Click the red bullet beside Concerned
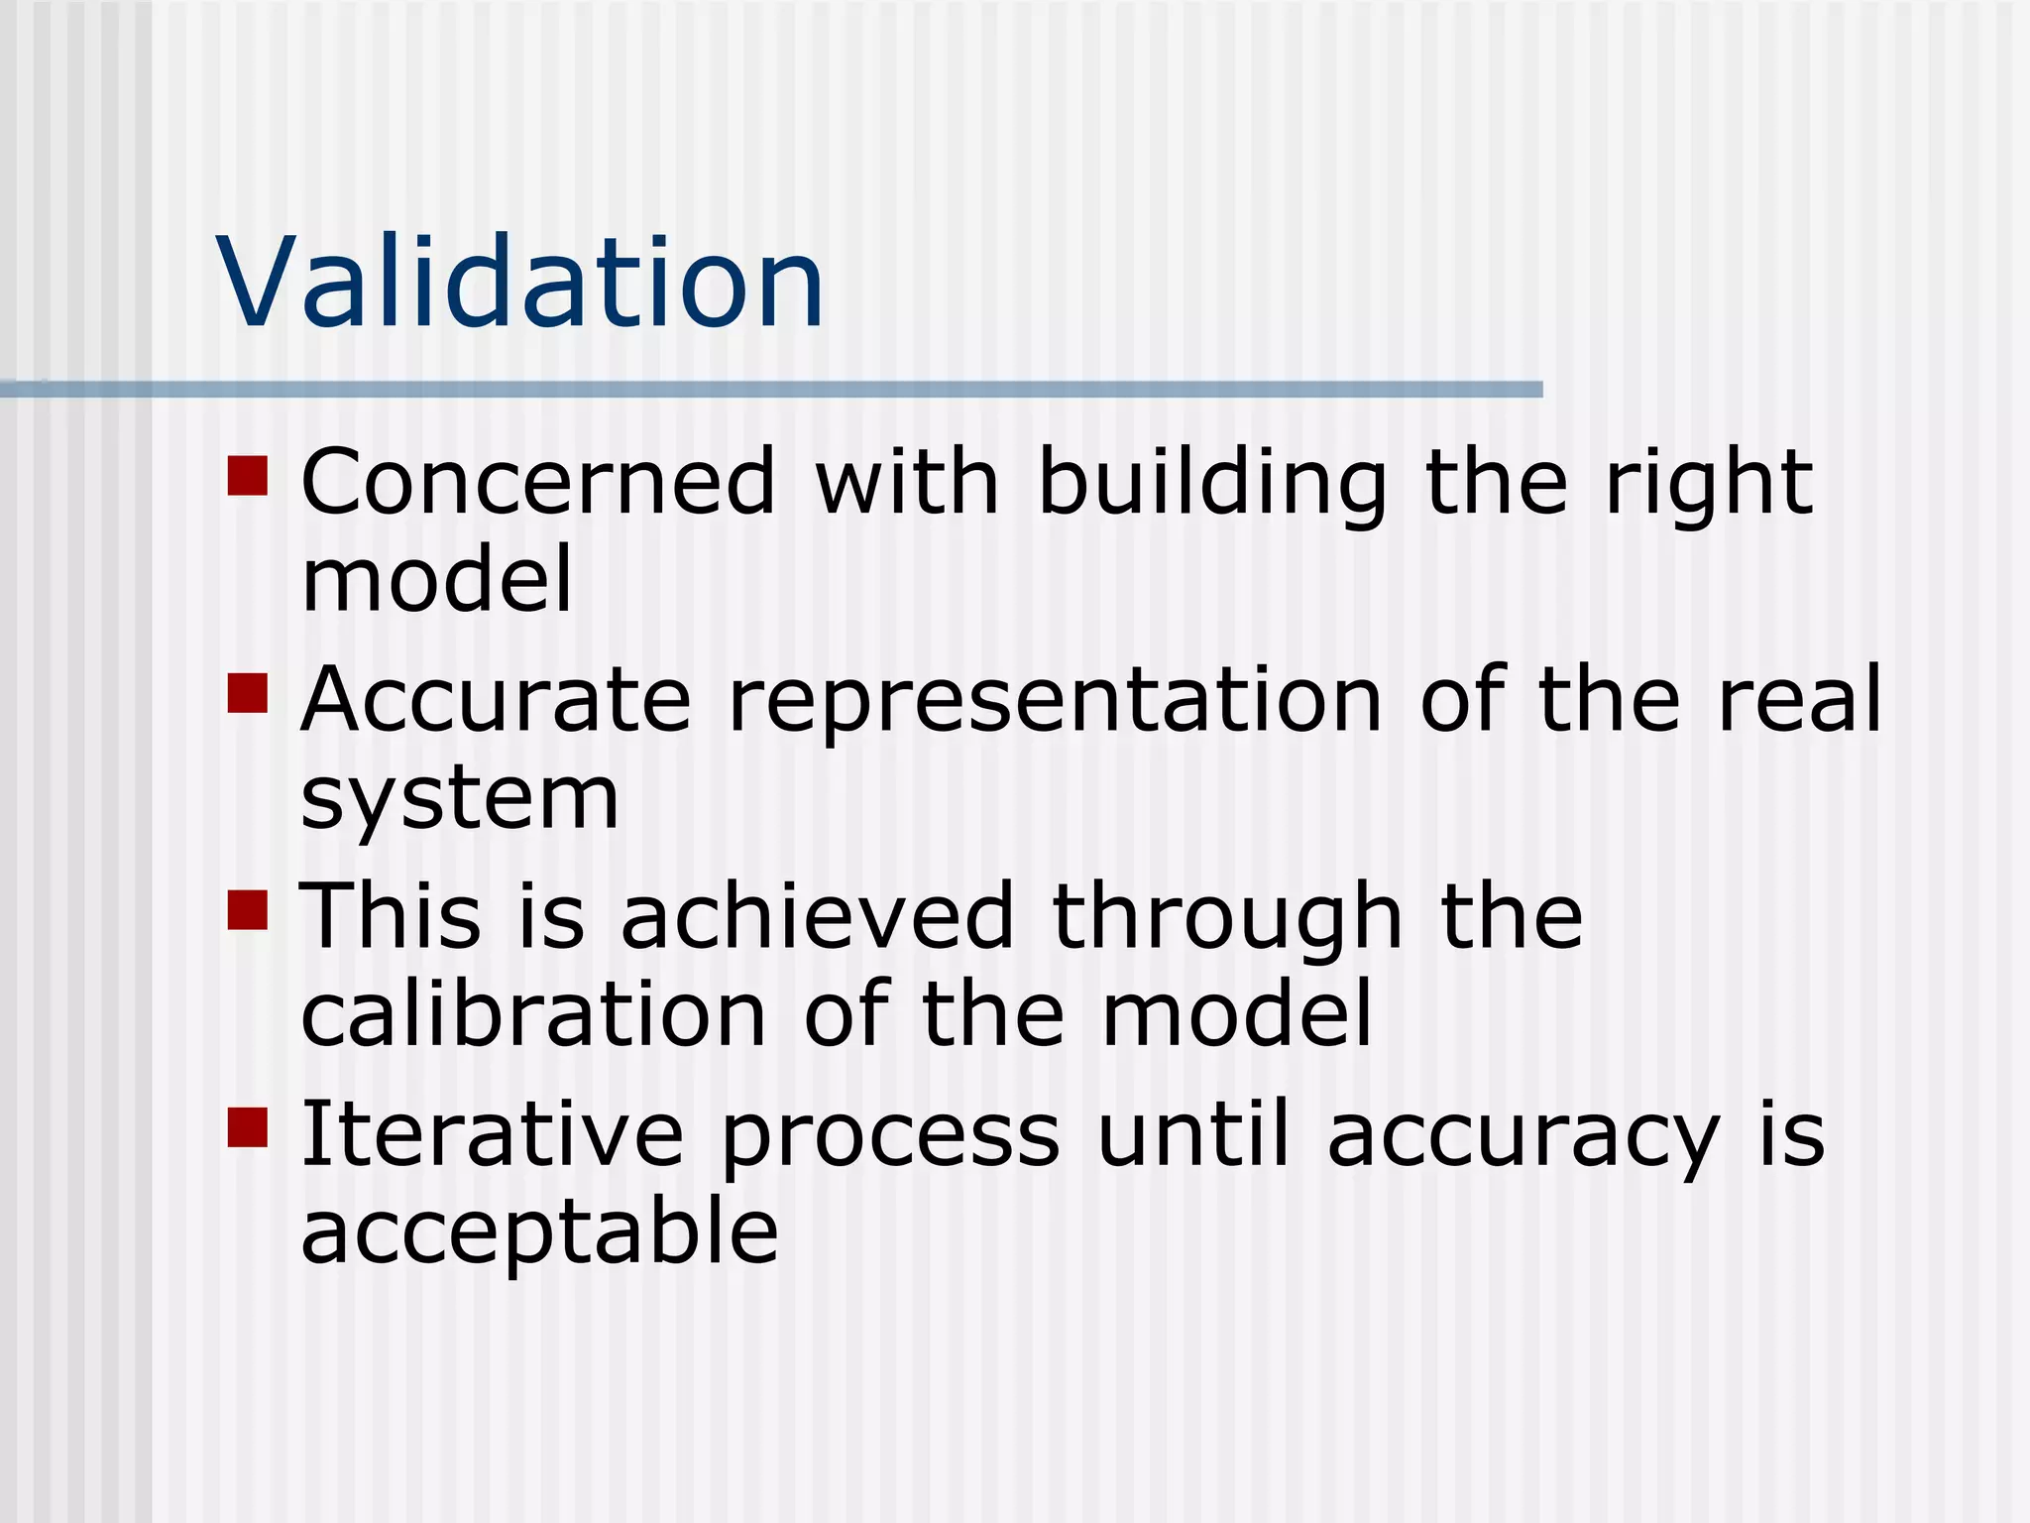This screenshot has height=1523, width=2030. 248,475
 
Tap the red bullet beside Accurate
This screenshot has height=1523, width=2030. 248,693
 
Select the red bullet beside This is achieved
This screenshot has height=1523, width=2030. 248,909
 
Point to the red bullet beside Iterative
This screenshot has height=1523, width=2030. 248,1127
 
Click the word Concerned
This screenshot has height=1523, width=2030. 538,482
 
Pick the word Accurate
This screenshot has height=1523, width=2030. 496,700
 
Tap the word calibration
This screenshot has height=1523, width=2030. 533,1013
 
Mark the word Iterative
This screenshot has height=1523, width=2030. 492,1134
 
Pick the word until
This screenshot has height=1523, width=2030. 1194,1132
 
